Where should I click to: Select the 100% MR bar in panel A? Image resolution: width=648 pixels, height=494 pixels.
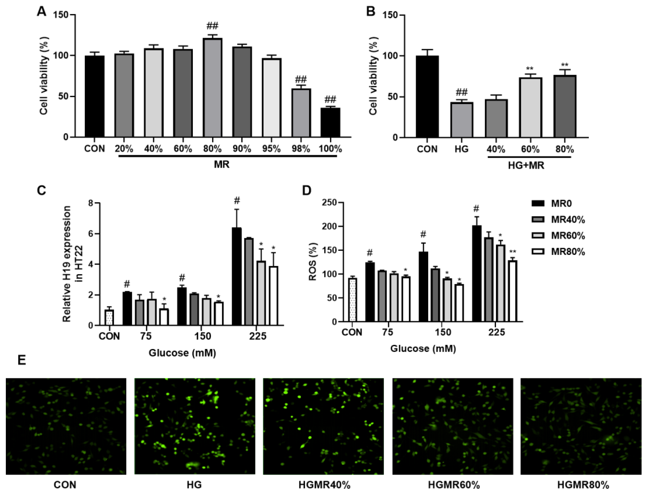coord(330,123)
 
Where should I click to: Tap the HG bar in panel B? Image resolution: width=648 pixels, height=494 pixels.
coord(462,120)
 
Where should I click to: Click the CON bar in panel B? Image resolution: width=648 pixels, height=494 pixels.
coord(427,97)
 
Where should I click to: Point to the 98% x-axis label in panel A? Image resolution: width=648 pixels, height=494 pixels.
coord(301,149)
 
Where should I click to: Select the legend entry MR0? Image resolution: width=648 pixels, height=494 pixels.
coord(562,203)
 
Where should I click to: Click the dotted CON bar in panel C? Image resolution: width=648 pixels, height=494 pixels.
coord(109,318)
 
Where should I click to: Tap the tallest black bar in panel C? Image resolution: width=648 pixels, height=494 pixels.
coord(237,276)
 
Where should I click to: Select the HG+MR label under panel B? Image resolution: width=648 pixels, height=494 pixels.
coord(526,166)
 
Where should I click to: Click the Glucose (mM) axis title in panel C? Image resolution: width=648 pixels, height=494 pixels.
coord(182,352)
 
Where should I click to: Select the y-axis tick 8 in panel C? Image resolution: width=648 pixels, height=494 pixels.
coord(91,203)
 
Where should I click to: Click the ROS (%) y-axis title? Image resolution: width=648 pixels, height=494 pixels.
coord(313,262)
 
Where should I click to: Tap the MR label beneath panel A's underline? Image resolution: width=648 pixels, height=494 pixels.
coord(221,164)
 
